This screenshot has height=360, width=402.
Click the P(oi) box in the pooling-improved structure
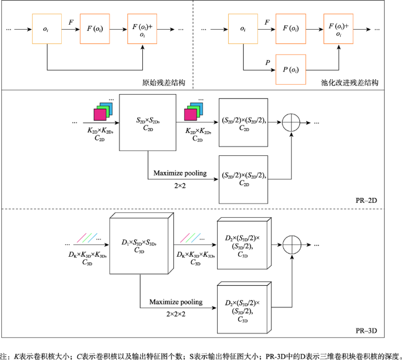click(291, 69)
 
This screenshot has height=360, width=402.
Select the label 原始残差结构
click(163, 82)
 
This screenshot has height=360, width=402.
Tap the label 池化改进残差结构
click(349, 82)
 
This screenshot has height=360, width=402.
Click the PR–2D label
click(366, 200)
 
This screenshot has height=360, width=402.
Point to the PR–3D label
click(366, 330)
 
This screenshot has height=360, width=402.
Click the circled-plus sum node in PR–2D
click(291, 122)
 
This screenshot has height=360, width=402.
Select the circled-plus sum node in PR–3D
click(292, 244)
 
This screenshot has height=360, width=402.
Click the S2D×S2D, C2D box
click(148, 122)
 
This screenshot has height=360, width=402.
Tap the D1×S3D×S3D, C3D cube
click(142, 244)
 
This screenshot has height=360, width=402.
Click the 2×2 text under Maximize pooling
click(180, 186)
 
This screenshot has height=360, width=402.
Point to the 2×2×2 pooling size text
click(176, 314)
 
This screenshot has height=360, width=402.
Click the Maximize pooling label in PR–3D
click(176, 302)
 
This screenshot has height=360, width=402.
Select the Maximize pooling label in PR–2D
click(180, 173)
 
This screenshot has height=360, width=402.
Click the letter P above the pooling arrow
click(268, 62)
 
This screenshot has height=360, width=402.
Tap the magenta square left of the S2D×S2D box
click(100, 114)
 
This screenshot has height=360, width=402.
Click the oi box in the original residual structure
click(47, 28)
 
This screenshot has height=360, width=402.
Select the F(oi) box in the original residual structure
click(95, 28)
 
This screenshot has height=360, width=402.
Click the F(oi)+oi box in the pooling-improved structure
click(338, 28)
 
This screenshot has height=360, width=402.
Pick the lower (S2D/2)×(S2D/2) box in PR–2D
click(243, 179)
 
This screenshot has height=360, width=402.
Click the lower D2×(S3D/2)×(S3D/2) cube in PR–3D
click(244, 307)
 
